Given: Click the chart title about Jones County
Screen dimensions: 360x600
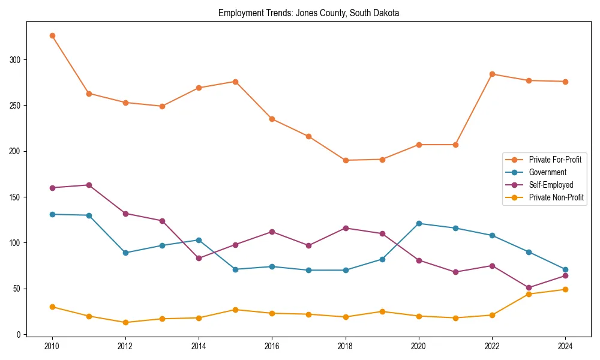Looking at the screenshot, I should point(308,13).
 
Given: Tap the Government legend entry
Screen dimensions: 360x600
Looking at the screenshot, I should point(547,172).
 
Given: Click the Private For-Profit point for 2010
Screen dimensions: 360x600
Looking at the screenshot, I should point(52,35).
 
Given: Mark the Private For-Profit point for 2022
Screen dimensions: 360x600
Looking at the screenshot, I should point(492,74).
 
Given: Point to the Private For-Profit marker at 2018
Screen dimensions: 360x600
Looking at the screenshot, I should point(346,160).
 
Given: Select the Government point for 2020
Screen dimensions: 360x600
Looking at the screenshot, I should point(419,223).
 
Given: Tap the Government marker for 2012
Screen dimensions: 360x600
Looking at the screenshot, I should point(125,253).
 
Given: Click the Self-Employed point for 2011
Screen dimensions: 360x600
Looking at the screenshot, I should point(89,185).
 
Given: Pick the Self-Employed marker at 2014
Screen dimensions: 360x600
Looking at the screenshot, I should point(199,258).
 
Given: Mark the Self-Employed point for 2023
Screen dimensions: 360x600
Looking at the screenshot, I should point(529,287).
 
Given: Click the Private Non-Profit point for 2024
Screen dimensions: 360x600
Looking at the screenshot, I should point(565,289).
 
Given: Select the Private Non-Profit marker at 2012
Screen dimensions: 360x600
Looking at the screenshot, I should point(125,322).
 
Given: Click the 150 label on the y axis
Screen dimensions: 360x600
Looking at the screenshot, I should point(16,197).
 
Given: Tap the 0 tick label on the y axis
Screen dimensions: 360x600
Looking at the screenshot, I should point(19,335).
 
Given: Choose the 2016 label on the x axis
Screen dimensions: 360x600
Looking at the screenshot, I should point(272,346).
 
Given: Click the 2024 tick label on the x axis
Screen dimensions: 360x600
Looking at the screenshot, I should point(565,346).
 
